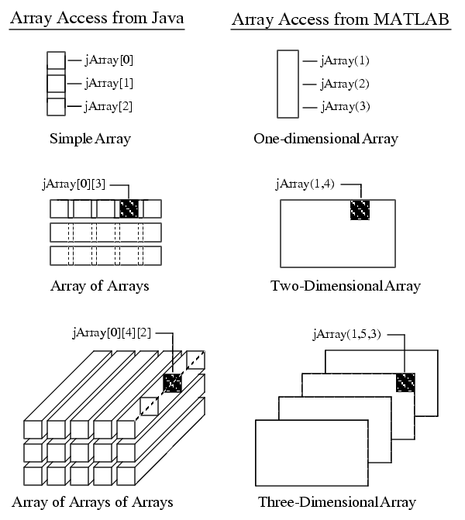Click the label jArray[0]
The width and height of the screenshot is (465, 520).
108,60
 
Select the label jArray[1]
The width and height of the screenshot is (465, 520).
108,83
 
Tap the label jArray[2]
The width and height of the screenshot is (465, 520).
108,106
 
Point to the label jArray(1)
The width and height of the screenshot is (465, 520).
345,60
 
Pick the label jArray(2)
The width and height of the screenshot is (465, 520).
345,84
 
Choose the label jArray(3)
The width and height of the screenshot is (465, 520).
346,107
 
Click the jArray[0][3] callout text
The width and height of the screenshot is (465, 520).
74,184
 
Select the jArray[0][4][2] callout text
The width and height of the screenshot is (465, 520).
112,332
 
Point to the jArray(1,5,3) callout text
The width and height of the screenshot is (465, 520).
346,334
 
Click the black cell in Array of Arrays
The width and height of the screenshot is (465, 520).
129,208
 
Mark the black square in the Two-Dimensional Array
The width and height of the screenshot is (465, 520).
360,209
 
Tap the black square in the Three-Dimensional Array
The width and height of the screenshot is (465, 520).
405,382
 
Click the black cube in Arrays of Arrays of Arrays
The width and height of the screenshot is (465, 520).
173,383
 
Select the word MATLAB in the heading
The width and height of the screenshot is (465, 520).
412,19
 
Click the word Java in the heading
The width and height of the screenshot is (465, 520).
167,18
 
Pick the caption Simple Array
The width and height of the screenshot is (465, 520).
90,139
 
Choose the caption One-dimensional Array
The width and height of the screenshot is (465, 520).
325,139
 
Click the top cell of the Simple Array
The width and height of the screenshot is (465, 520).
56,60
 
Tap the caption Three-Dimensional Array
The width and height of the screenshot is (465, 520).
337,502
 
